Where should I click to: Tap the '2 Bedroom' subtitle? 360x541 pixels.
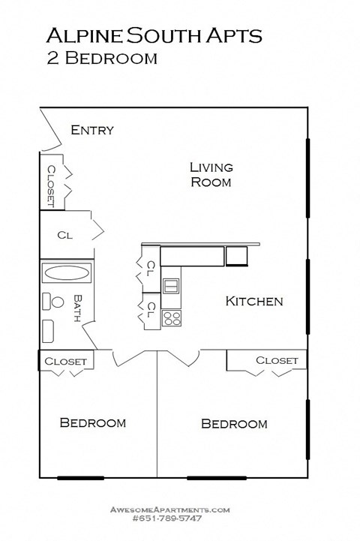click(102, 59)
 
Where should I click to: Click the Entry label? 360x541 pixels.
click(92, 131)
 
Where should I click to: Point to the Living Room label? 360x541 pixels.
click(211, 174)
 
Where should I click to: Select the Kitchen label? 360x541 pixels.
click(254, 302)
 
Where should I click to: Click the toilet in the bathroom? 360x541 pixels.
click(55, 302)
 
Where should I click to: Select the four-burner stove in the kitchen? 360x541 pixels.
click(172, 317)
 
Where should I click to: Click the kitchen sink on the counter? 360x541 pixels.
click(171, 286)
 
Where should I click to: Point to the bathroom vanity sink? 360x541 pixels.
click(49, 330)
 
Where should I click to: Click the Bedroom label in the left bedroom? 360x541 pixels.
click(92, 423)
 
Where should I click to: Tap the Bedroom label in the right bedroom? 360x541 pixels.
click(234, 424)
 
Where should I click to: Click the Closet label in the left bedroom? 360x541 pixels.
click(66, 362)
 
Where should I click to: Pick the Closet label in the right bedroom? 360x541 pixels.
click(277, 361)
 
